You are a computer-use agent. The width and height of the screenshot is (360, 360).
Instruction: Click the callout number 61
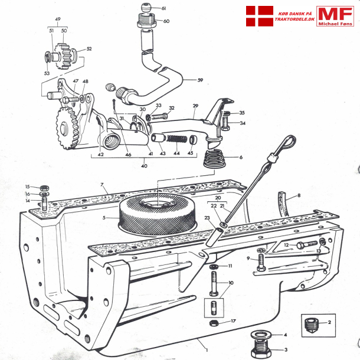click(163, 8)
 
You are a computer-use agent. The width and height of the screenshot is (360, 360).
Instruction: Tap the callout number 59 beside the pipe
click(199, 80)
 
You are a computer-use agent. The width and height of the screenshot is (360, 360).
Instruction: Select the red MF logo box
click(334, 17)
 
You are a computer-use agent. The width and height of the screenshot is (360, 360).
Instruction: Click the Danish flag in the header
click(259, 16)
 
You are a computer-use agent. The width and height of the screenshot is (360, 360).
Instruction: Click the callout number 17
click(234, 322)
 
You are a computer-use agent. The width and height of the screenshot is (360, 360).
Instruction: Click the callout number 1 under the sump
click(199, 342)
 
